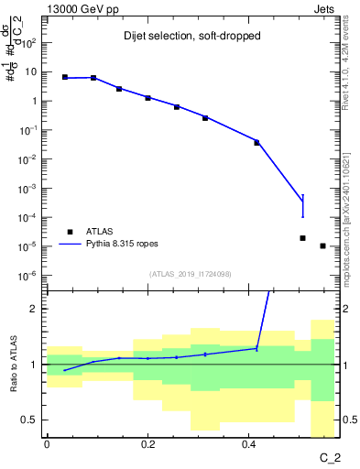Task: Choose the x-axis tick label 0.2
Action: coord(147,445)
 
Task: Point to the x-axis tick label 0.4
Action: coord(248,445)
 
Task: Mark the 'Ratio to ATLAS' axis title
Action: coord(13,365)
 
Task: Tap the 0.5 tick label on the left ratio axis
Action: coord(29,420)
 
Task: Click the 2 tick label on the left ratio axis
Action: coord(34,309)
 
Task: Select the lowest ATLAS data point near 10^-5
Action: coord(322,245)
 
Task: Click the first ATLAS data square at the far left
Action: coord(64,77)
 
